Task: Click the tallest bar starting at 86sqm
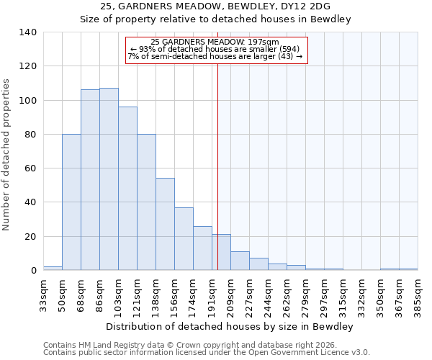(x=109, y=179)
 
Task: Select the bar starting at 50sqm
(x=71, y=202)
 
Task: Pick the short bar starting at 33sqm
(x=53, y=269)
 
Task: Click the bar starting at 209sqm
(x=240, y=261)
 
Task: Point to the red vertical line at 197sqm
(x=217, y=166)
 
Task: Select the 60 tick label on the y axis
(x=30, y=168)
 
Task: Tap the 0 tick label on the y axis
(x=33, y=271)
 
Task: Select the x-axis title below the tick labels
(x=230, y=326)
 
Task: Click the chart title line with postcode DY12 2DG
(x=215, y=6)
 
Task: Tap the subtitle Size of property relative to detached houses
(x=215, y=19)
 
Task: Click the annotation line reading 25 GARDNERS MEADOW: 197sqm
(x=216, y=42)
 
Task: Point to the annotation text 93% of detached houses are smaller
(x=216, y=49)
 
